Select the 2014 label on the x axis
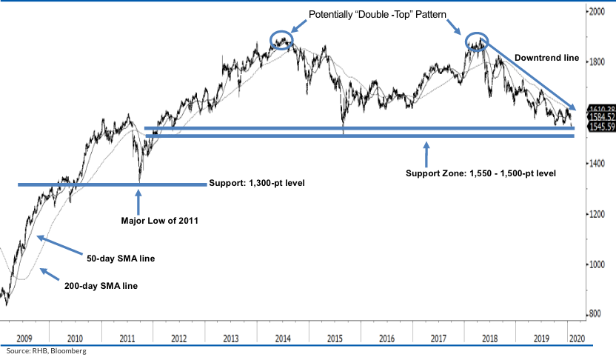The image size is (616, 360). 281,337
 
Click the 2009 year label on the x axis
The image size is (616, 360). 24,337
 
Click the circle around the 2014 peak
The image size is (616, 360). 281,41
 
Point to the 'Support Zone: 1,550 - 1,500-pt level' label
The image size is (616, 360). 481,173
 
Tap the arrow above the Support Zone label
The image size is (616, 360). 426,153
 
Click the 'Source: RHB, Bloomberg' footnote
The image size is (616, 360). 44,351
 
